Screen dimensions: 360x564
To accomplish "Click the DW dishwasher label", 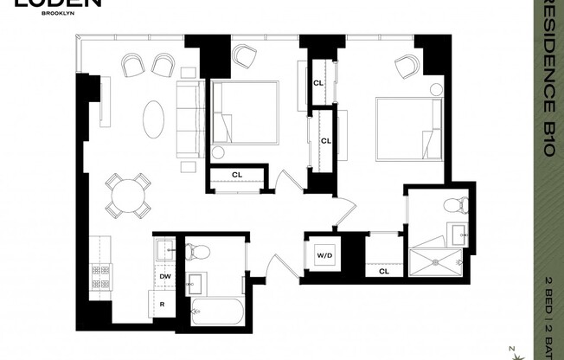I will pos(164,276).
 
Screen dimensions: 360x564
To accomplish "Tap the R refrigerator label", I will pos(163,303).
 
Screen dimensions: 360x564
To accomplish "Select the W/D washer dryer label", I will pos(324,255).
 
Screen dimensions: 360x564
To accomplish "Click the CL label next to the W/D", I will pos(383,271).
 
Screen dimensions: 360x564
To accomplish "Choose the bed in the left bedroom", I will pos(246,112).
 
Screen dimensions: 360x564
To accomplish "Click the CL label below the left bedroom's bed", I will pos(236,175).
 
